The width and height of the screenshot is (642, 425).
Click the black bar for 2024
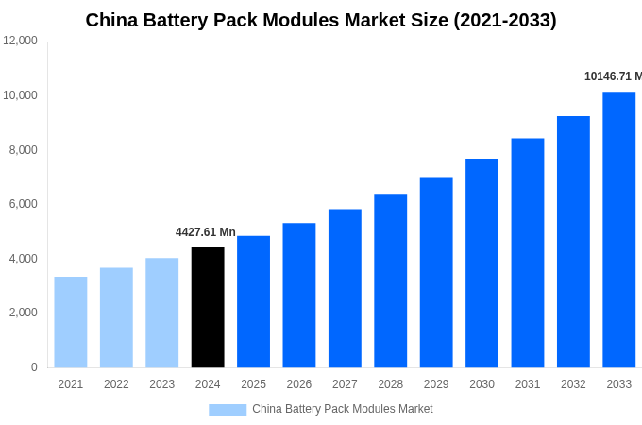(208, 308)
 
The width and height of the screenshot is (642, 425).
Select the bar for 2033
(619, 229)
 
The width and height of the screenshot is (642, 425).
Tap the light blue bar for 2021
(71, 322)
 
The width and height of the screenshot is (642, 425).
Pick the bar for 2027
(345, 288)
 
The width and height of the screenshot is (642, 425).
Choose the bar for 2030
(481, 263)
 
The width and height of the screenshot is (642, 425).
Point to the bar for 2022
(116, 317)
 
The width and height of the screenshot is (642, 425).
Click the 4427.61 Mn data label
(206, 232)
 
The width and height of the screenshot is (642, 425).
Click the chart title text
(321, 20)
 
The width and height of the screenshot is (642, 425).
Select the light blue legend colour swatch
(228, 410)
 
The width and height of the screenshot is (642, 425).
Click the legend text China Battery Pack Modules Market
(342, 409)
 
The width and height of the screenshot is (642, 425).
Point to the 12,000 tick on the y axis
(20, 41)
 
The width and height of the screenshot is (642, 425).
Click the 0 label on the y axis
(34, 367)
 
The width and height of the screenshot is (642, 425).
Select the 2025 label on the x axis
(253, 384)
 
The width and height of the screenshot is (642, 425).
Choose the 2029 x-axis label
(436, 384)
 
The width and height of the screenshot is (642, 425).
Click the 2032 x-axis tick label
(573, 384)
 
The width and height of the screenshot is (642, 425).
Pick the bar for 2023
(162, 313)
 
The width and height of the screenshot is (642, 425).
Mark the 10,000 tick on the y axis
(20, 95)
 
